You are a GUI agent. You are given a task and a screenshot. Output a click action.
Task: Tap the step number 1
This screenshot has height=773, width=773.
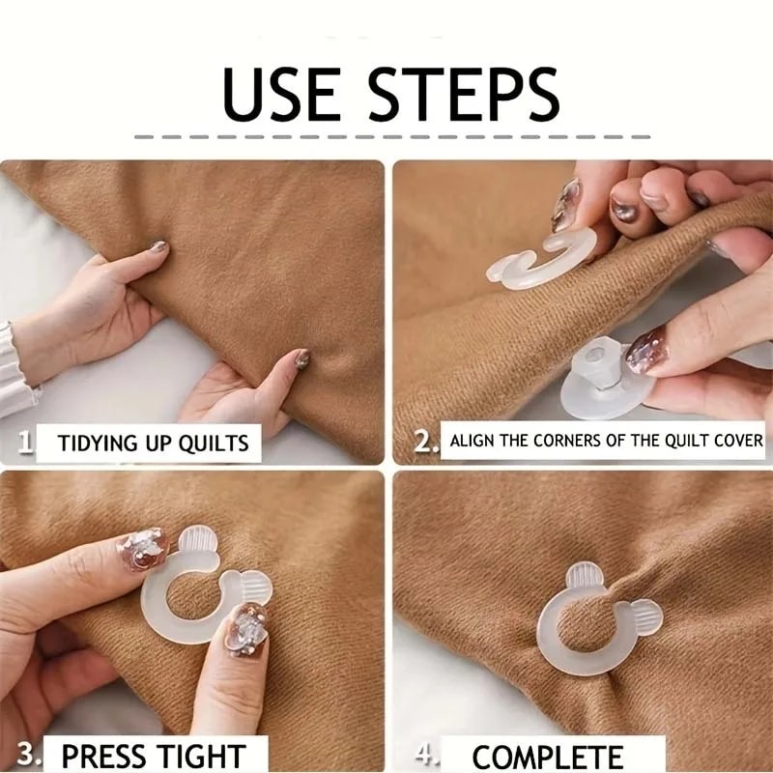click(x=26, y=443)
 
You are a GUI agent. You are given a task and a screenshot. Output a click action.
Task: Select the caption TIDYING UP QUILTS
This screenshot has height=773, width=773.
click(x=153, y=444)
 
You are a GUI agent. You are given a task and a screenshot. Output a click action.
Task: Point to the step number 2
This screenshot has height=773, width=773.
click(x=424, y=443)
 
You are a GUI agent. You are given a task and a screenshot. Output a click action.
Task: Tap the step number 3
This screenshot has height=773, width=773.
click(x=28, y=754)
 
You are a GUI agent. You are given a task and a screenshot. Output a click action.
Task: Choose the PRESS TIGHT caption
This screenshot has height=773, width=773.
click(x=154, y=755)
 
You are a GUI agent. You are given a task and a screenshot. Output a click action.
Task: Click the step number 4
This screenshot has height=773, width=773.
click(x=426, y=753)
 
